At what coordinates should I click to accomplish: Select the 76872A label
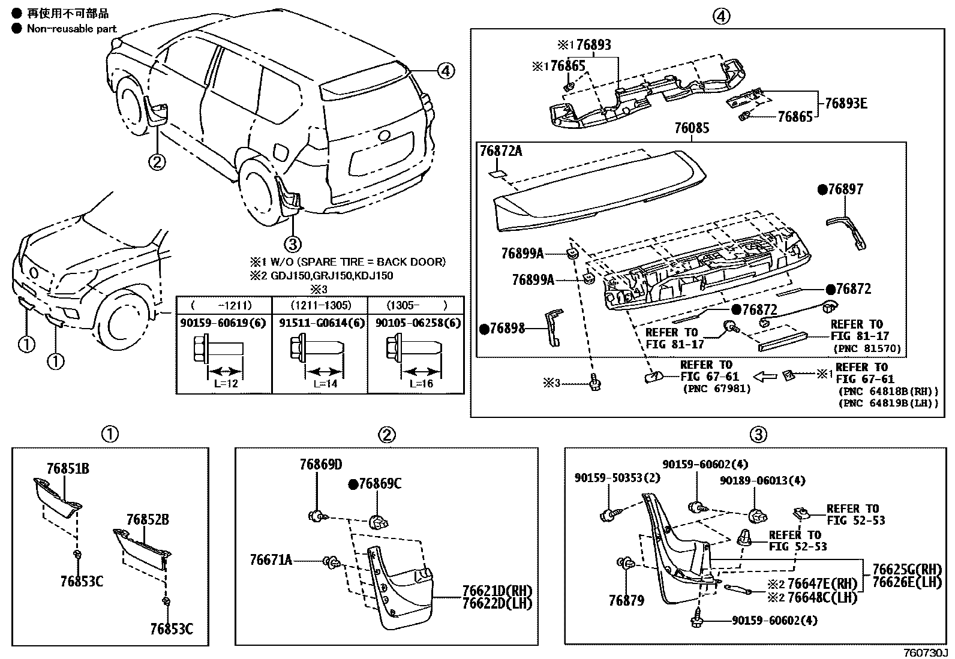tap(501, 151)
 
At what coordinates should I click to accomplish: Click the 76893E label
tap(845, 103)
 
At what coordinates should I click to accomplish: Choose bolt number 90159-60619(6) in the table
tap(222, 323)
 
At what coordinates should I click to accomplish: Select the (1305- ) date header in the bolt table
tap(415, 305)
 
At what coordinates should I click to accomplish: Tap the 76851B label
tap(68, 468)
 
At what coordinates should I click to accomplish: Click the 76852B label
tap(148, 519)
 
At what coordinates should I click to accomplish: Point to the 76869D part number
tap(321, 465)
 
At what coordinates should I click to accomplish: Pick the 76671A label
tap(271, 559)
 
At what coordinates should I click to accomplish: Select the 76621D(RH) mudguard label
tap(497, 591)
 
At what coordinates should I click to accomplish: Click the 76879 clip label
tap(626, 600)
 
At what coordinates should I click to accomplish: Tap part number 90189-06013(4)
tap(762, 480)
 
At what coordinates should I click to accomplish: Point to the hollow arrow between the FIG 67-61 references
tap(765, 377)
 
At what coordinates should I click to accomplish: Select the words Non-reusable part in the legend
tap(71, 29)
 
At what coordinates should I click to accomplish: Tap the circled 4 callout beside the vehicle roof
tap(445, 71)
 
